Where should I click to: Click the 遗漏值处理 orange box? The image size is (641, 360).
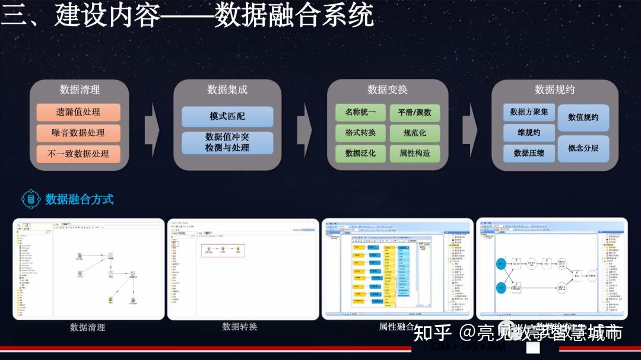[78, 112]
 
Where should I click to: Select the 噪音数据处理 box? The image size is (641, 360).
[78, 133]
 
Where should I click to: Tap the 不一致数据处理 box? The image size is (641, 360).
[78, 154]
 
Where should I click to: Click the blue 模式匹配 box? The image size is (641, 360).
[227, 116]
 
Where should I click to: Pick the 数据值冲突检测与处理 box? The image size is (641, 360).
[227, 142]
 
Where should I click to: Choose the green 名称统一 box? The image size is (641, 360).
[360, 112]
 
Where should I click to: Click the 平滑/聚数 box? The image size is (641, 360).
[414, 112]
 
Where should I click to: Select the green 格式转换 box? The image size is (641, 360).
[360, 133]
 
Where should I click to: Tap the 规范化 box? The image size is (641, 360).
[414, 133]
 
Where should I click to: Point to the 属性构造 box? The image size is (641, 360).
[414, 153]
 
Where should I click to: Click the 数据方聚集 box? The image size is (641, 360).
[529, 112]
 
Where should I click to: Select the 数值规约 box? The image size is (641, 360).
[583, 117]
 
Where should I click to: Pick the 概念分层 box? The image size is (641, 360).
[583, 148]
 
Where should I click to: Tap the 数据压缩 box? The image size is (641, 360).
[529, 153]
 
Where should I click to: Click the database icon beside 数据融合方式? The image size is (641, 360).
[30, 199]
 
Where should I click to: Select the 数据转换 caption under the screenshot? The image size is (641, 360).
[240, 327]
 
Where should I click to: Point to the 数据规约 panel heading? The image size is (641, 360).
[554, 90]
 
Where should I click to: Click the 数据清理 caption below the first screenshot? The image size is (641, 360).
[88, 327]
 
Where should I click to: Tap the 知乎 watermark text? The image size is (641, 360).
[432, 333]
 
